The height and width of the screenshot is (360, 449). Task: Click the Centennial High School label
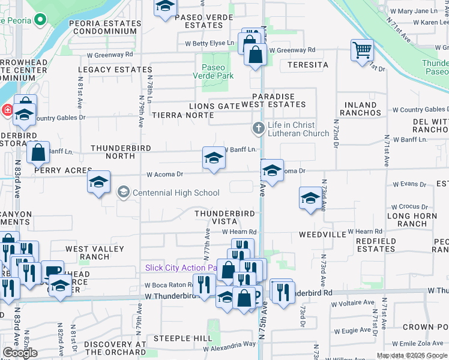pyautogui.click(x=176, y=193)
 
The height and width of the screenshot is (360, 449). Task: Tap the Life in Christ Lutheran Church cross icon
pyautogui.click(x=258, y=128)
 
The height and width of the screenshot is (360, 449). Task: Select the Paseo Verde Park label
pyautogui.click(x=213, y=71)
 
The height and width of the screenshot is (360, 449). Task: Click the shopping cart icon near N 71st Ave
pyautogui.click(x=362, y=50)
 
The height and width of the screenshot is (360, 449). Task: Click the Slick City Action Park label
pyautogui.click(x=180, y=268)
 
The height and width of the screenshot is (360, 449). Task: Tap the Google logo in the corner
pyautogui.click(x=20, y=353)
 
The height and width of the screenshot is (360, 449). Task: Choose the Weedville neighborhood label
pyautogui.click(x=322, y=233)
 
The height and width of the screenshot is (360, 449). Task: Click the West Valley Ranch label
pyautogui.click(x=94, y=253)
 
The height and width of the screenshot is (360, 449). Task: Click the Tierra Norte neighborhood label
pyautogui.click(x=182, y=115)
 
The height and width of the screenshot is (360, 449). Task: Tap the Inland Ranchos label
pyautogui.click(x=360, y=109)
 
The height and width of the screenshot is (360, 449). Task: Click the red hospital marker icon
pyautogui.click(x=7, y=110)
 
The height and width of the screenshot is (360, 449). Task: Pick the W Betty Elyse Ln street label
pyautogui.click(x=209, y=43)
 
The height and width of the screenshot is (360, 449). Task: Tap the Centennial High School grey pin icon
pyautogui.click(x=124, y=193)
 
